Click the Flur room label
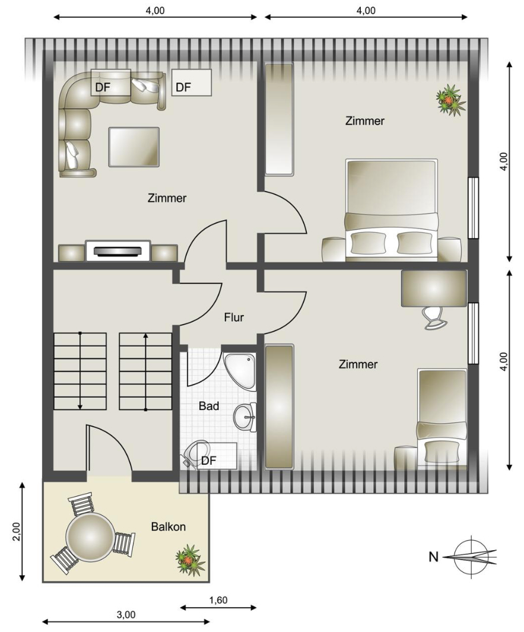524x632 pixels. [x=234, y=317]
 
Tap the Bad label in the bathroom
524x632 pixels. [x=209, y=406]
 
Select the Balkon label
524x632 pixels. [x=169, y=527]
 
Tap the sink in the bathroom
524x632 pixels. [x=244, y=417]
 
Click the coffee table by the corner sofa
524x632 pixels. [x=134, y=147]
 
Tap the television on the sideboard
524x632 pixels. [x=118, y=251]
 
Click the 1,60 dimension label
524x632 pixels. [x=218, y=600]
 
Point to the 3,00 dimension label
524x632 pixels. [x=126, y=615]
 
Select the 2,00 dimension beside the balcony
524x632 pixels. [x=16, y=532]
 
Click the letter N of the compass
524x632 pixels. [x=433, y=557]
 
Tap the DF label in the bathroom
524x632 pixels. [x=209, y=460]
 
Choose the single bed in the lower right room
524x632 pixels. [x=442, y=418]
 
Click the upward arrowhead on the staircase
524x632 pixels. [x=145, y=336]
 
